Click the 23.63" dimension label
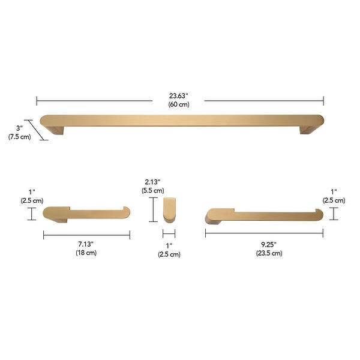[179, 95]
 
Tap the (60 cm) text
[179, 104]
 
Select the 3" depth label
[20, 128]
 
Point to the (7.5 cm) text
[20, 137]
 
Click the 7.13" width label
[86, 244]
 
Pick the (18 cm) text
[86, 253]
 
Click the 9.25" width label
[268, 244]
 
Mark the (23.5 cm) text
[268, 253]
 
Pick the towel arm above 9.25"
[264, 213]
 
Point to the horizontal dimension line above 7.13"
[86, 235]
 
